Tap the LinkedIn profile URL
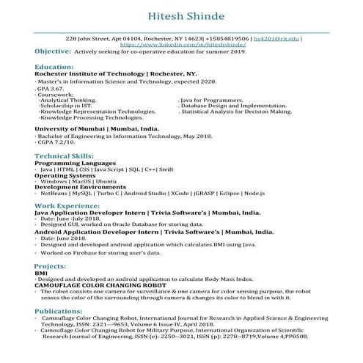pos(180,44)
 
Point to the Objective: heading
pos(52,52)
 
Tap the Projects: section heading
pos(51,265)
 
